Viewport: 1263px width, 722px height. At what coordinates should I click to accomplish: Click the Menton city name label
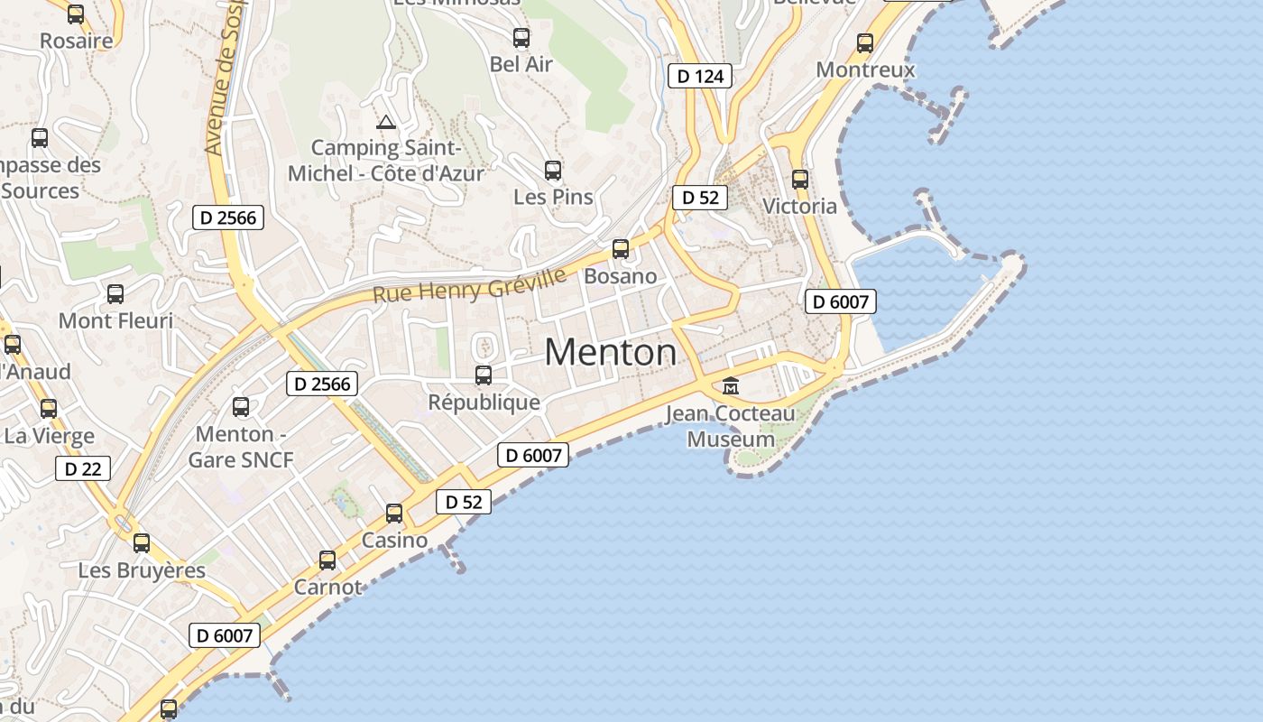click(x=611, y=351)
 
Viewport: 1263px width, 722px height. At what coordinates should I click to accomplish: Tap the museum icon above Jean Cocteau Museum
click(x=731, y=386)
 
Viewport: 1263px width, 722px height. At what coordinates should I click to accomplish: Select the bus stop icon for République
click(x=484, y=375)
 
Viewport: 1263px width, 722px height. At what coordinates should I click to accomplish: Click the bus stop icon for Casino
click(x=394, y=513)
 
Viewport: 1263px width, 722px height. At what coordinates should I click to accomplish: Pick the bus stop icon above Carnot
click(x=327, y=560)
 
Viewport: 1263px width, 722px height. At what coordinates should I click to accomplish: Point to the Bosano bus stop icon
click(x=621, y=248)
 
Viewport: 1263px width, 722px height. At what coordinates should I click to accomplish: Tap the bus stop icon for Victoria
click(x=799, y=179)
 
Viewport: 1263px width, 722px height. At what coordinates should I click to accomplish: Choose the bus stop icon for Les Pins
click(x=553, y=170)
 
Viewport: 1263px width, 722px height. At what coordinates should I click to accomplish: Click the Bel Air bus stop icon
click(x=521, y=37)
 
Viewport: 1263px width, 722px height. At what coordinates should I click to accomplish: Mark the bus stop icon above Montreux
click(x=865, y=42)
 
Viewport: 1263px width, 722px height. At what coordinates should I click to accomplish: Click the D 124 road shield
click(x=700, y=76)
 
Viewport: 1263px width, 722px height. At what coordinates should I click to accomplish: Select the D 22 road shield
click(x=83, y=468)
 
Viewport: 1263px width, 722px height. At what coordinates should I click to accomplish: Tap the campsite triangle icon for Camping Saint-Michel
click(x=386, y=122)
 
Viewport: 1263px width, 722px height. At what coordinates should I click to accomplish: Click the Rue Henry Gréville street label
click(x=470, y=284)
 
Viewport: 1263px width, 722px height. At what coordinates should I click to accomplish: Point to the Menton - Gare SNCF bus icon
click(x=241, y=406)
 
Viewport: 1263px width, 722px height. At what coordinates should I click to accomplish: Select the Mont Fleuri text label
click(x=115, y=320)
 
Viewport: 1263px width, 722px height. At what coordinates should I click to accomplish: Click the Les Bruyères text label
click(x=142, y=570)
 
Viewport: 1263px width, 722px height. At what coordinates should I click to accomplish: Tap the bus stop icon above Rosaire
click(x=76, y=14)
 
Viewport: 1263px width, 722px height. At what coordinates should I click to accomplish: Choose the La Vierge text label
click(x=50, y=436)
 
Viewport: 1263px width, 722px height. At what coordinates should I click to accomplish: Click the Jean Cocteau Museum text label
click(x=731, y=427)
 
